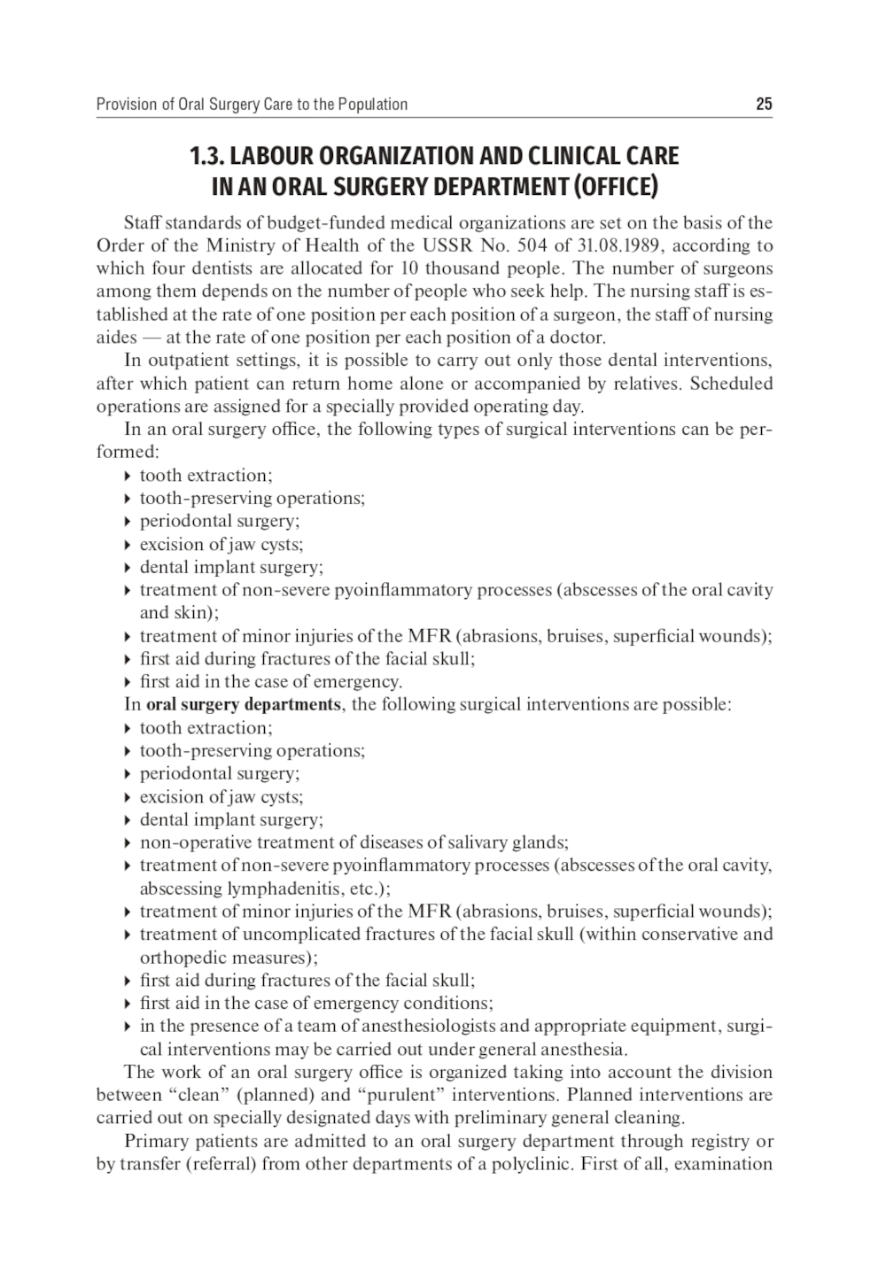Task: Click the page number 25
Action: pyautogui.click(x=764, y=105)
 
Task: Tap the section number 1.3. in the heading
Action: pyautogui.click(x=208, y=157)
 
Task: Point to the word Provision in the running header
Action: pyautogui.click(x=127, y=105)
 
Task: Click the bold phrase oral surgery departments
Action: pyautogui.click(x=243, y=705)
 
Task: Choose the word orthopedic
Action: pyautogui.click(x=183, y=958)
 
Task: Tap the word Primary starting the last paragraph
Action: pyautogui.click(x=153, y=1141)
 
